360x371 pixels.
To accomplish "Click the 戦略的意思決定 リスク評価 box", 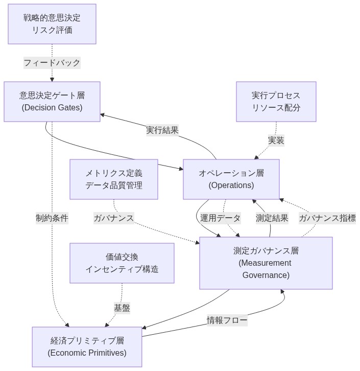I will click(52, 24).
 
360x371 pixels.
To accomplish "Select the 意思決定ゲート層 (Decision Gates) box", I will click(52, 101).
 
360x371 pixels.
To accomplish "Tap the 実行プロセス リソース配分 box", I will click(276, 101).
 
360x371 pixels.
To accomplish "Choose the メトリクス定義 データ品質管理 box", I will click(114, 179).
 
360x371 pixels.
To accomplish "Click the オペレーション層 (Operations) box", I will click(231, 179).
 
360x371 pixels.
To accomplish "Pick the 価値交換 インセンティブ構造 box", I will click(122, 263).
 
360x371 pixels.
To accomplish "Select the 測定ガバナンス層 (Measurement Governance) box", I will click(266, 263).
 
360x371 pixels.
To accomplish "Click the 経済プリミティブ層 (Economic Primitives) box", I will click(87, 346).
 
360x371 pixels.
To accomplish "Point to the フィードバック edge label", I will click(52, 63).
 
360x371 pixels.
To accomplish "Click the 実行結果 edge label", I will click(162, 130).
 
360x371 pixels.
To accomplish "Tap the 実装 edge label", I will click(276, 140).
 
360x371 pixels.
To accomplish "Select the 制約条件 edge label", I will click(52, 218).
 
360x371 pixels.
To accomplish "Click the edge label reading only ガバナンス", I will click(114, 218).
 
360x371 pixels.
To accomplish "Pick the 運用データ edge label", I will click(220, 218).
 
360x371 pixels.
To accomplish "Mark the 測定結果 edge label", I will click(272, 218).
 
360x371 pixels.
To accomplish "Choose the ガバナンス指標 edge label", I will click(327, 218).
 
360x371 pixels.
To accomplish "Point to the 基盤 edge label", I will click(122, 308).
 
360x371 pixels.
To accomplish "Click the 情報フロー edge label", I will click(227, 320).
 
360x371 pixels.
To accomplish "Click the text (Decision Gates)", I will click(52, 107).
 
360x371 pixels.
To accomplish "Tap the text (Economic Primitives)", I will click(87, 353).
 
